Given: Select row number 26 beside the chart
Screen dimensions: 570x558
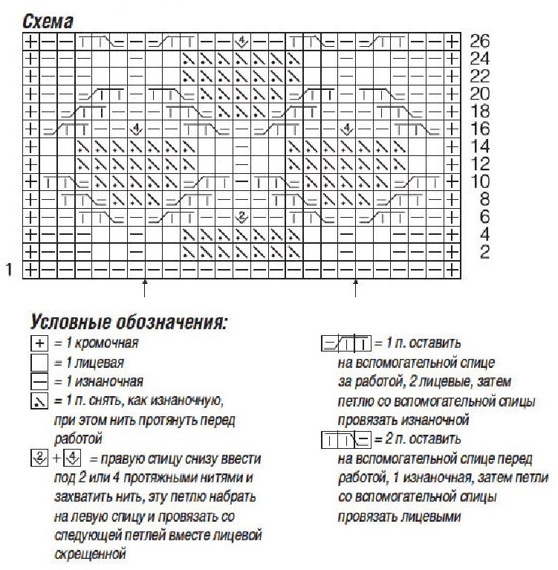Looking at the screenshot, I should (x=480, y=41).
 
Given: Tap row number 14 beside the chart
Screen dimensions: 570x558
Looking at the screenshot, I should (x=480, y=146).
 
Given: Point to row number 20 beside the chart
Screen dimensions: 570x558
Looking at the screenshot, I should (x=480, y=94).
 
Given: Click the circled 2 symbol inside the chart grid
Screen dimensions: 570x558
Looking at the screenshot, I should (x=240, y=217).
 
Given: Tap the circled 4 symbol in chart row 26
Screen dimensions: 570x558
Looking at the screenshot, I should (x=240, y=40).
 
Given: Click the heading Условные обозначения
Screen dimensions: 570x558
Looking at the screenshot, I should (x=129, y=323).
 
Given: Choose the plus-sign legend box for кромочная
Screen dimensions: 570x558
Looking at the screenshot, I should (x=39, y=344).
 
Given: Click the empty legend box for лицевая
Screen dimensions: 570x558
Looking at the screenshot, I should (x=39, y=363).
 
